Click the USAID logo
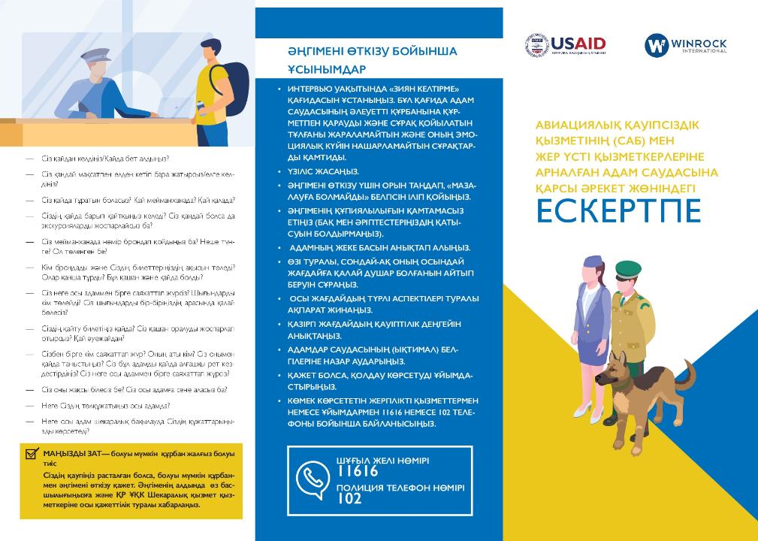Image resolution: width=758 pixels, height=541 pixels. [566, 45]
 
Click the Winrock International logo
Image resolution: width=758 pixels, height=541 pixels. [685, 46]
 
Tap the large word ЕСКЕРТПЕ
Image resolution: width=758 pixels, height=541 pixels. [618, 211]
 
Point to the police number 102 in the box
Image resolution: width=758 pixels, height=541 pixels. [349, 498]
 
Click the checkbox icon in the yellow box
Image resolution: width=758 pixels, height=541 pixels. [32, 454]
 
